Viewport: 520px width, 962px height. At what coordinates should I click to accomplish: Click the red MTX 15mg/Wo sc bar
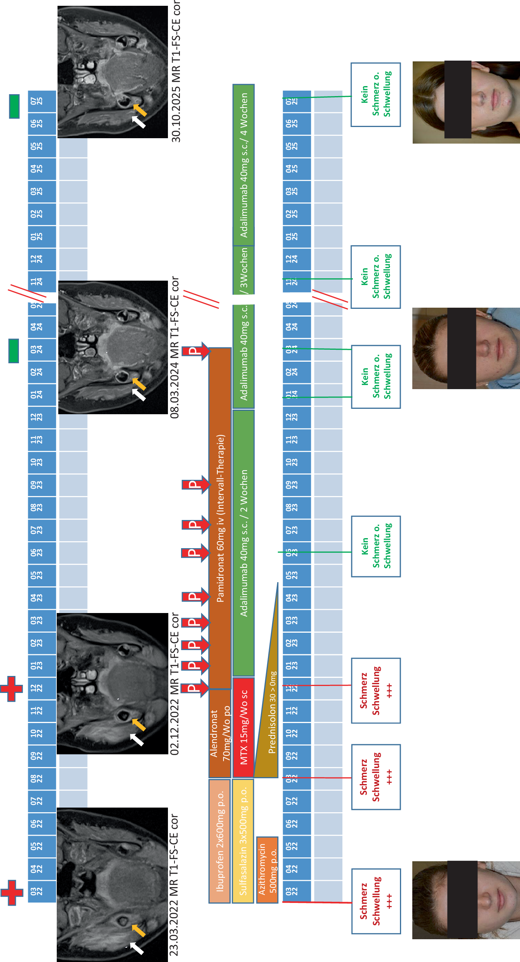tap(243, 727)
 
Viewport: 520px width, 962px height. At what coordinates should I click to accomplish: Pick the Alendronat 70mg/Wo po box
tap(220, 733)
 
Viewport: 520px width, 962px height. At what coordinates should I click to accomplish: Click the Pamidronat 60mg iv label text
tap(220, 517)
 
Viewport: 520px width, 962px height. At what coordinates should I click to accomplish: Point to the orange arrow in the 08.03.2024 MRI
tap(139, 384)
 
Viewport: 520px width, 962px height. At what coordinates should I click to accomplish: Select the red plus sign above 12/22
tap(12, 689)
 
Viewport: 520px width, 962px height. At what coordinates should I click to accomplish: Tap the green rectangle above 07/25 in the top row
tap(14, 106)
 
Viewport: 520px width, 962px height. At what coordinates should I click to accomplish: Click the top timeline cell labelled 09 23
tap(42, 485)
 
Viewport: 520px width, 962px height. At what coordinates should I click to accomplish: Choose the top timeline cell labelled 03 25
tap(42, 191)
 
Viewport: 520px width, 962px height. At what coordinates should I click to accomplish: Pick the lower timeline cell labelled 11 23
tap(297, 440)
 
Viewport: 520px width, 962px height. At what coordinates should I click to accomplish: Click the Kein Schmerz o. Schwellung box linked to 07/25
tap(376, 95)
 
